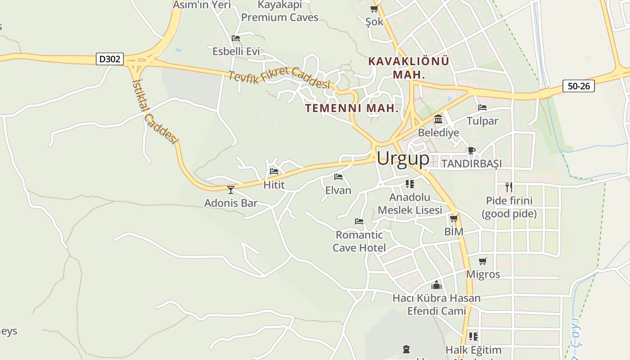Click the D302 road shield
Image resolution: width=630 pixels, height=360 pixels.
(110, 59)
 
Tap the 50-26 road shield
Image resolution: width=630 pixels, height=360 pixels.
(578, 86)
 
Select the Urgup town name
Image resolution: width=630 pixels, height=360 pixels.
(403, 158)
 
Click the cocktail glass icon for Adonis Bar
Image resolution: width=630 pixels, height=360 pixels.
(231, 190)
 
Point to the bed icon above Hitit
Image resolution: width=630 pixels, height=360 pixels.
(274, 171)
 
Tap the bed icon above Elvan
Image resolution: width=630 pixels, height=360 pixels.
(338, 177)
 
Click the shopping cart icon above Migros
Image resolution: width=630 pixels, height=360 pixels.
(483, 261)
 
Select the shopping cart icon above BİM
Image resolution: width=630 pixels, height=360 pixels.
(454, 219)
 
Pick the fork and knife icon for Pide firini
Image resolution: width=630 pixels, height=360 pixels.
(509, 187)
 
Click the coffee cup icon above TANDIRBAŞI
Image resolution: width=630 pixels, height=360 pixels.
(471, 150)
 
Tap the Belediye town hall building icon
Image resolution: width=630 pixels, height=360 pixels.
(438, 119)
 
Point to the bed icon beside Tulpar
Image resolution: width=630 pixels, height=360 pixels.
(482, 108)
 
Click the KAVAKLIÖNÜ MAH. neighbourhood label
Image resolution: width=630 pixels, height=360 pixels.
(409, 67)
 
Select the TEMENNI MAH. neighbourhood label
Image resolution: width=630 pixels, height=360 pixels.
(352, 108)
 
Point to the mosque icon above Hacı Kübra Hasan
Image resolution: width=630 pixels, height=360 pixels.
(436, 285)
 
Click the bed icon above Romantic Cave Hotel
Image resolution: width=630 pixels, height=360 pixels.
(359, 221)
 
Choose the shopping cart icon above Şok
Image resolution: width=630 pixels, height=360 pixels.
(374, 9)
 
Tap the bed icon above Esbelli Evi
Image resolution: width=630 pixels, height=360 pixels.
(236, 38)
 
